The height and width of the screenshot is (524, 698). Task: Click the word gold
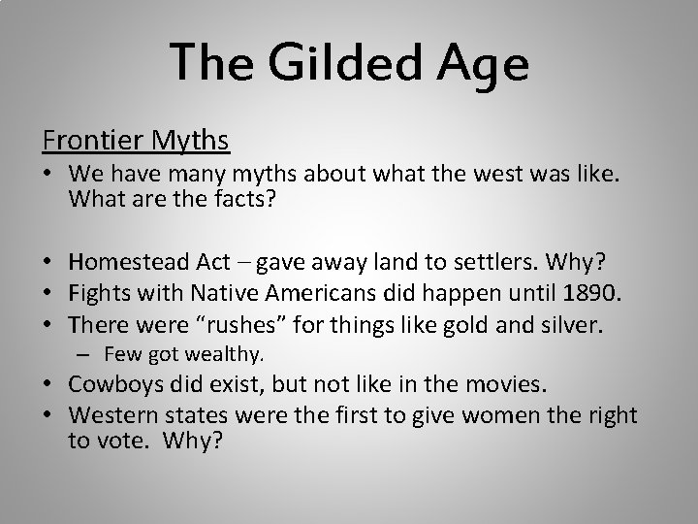coord(466,325)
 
